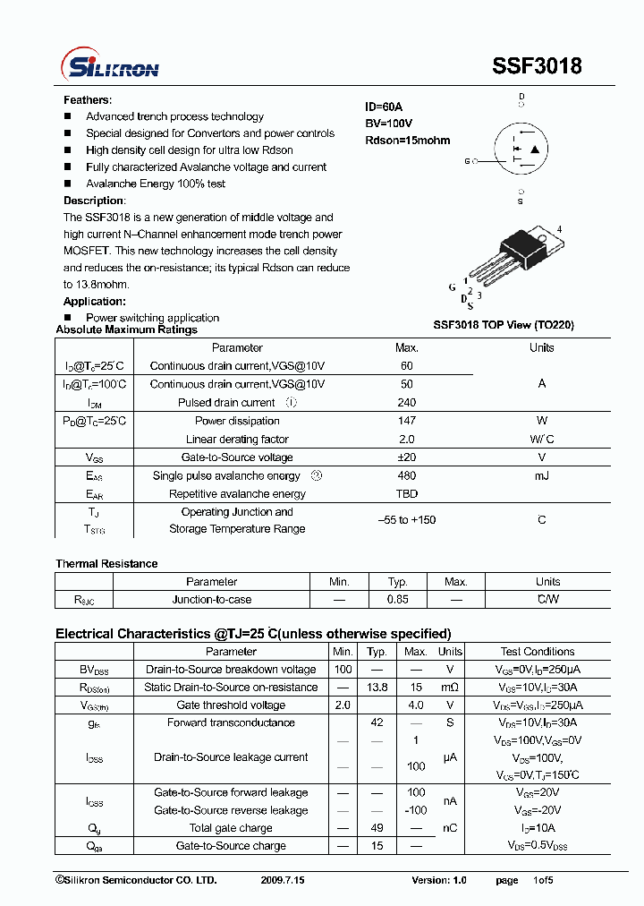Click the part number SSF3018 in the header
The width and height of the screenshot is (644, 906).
(537, 67)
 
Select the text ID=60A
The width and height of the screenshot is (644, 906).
(384, 107)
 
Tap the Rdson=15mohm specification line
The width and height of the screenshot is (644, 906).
(407, 141)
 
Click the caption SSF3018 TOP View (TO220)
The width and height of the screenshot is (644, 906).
(504, 325)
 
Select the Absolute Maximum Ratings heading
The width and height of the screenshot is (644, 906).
(126, 329)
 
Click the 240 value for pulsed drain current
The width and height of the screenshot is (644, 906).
(406, 403)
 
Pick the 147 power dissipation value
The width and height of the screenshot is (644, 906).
(406, 421)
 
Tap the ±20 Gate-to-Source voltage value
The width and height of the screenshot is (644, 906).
(406, 457)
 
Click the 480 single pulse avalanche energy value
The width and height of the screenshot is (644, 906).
(406, 476)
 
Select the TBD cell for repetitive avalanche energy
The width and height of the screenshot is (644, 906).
(406, 494)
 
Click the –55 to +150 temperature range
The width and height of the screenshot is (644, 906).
(406, 520)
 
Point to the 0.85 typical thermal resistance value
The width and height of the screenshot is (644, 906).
(397, 600)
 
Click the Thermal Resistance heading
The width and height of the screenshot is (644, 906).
(106, 564)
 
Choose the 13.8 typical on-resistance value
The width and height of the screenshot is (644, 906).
(377, 688)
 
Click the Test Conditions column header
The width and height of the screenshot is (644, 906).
(537, 652)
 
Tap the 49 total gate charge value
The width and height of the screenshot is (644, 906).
(377, 828)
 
